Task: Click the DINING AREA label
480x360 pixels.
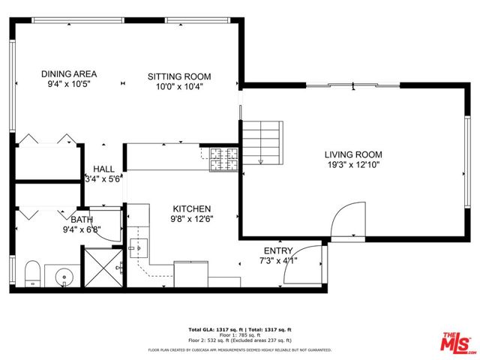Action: tap(69, 73)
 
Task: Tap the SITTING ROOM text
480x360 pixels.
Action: tap(178, 76)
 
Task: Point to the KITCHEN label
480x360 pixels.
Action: tap(192, 208)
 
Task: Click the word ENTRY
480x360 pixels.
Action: tap(278, 250)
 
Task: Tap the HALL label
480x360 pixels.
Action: tap(103, 169)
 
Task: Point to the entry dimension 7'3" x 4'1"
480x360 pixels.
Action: tap(279, 260)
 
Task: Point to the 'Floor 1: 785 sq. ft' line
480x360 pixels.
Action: tap(239, 334)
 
